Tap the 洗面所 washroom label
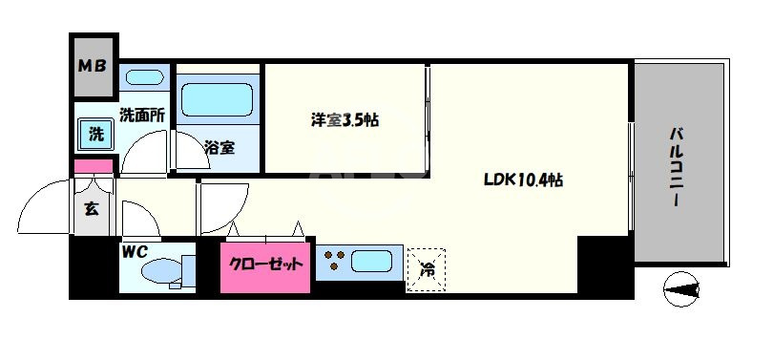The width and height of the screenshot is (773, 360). [x=143, y=115]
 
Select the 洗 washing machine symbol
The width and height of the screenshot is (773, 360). [x=96, y=135]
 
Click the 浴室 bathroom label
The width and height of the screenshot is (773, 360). [x=219, y=147]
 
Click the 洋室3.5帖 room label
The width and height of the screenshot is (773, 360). [x=345, y=120]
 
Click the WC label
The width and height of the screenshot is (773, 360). [x=133, y=253]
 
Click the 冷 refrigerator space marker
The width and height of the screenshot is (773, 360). [x=426, y=268]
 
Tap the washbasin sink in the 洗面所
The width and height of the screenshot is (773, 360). [x=144, y=77]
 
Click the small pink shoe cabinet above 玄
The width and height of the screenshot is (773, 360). [x=94, y=168]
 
